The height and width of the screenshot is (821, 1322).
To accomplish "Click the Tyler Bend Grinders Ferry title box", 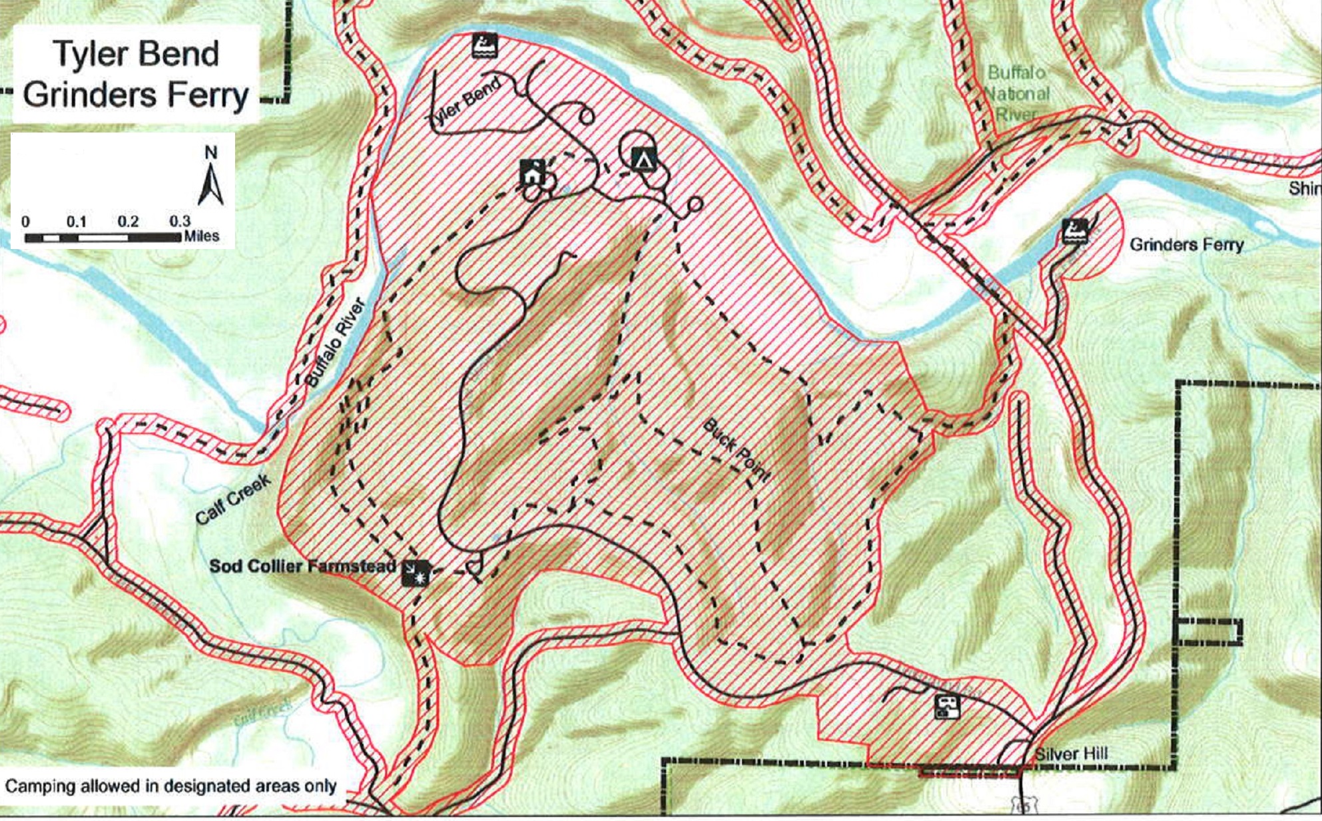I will [x=136, y=73].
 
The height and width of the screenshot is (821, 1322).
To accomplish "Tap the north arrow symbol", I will [x=211, y=180].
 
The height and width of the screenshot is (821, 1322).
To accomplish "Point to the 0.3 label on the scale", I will [x=179, y=221].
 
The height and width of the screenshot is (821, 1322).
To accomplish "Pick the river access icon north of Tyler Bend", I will [x=485, y=45].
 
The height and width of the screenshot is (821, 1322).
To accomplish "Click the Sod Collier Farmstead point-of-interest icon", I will [x=416, y=572].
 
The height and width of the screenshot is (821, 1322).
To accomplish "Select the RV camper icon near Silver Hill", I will [x=947, y=706].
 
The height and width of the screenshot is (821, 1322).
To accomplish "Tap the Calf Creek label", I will [x=233, y=499].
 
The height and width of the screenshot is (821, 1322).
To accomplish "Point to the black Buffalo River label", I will [x=336, y=343].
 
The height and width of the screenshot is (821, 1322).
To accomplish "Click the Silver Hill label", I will [x=1072, y=754].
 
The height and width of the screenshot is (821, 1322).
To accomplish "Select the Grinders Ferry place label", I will [x=1186, y=245].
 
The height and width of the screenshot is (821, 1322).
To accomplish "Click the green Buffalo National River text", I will [x=1017, y=93].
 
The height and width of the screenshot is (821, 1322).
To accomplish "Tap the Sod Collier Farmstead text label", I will [x=302, y=566].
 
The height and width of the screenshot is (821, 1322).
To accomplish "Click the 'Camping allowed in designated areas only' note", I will [x=170, y=786].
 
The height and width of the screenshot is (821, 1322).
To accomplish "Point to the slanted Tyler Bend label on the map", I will [x=464, y=105].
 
